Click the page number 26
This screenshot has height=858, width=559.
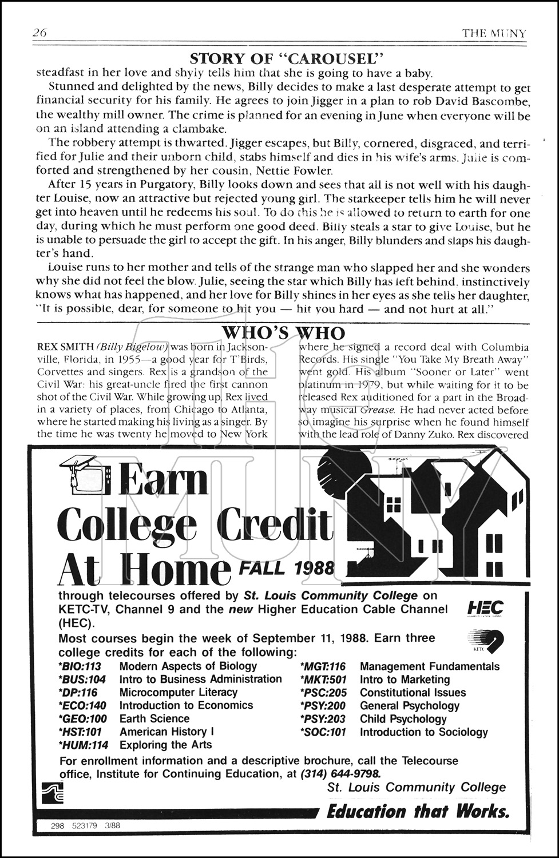(x=40, y=33)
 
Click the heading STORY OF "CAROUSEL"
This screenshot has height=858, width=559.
(x=286, y=58)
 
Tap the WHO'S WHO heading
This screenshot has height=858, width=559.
(x=283, y=333)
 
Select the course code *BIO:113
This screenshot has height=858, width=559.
(x=80, y=666)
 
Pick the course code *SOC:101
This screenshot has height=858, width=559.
(x=323, y=732)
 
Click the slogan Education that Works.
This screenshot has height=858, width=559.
(x=418, y=811)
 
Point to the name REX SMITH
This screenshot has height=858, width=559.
(x=65, y=347)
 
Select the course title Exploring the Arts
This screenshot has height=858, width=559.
(x=165, y=745)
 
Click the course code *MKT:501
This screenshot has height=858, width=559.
(x=323, y=680)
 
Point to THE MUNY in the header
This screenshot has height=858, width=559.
(x=494, y=33)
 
